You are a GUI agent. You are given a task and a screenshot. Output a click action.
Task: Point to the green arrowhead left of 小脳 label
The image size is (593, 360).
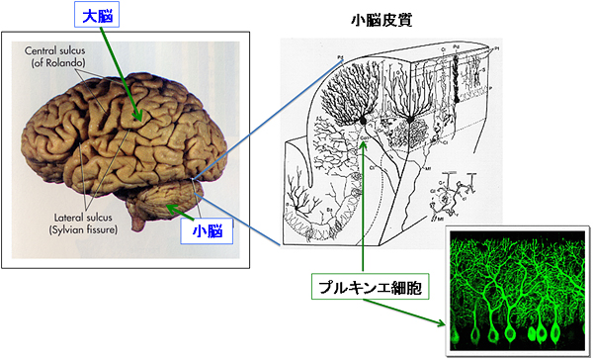pyautogui.click(x=171, y=207)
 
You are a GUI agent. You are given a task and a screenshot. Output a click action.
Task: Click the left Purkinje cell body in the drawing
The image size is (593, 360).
pyautogui.click(x=365, y=121)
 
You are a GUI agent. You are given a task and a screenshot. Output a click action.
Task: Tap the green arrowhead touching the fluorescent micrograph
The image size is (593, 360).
pyautogui.click(x=441, y=322)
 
